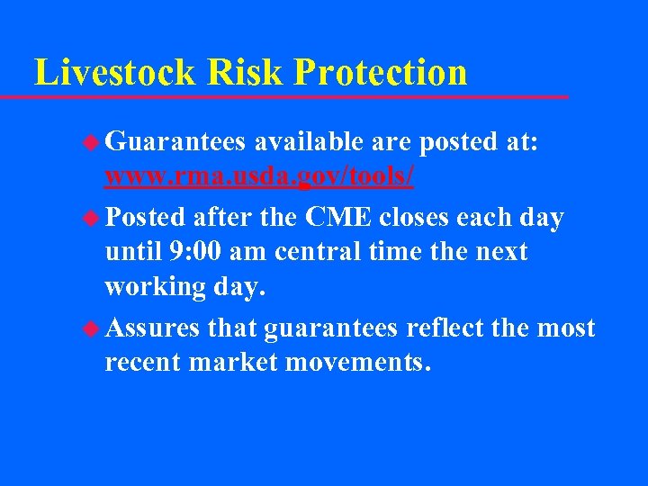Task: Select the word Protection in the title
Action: pyautogui.click(x=380, y=72)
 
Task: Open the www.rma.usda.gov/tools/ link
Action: pyautogui.click(x=259, y=176)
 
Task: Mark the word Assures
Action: pyautogui.click(x=152, y=328)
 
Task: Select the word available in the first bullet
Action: pyautogui.click(x=309, y=142)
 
